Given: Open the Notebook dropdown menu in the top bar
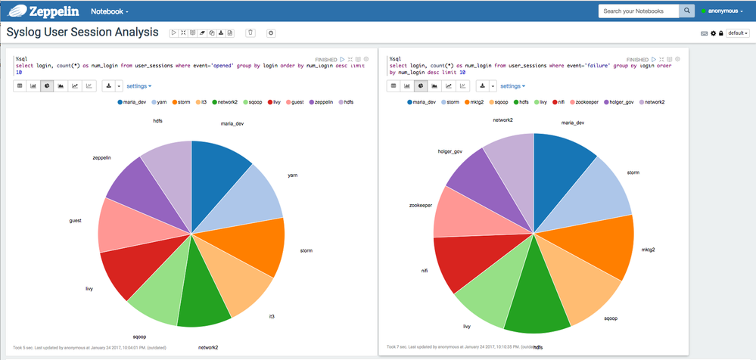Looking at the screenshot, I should click(x=110, y=12).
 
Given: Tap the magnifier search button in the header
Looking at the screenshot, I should click(x=686, y=11).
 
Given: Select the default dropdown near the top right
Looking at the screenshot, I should click(x=737, y=33).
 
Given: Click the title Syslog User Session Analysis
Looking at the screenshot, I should click(x=82, y=33).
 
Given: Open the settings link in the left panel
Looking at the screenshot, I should click(x=138, y=86).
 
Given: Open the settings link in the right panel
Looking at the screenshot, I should click(x=515, y=86).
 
